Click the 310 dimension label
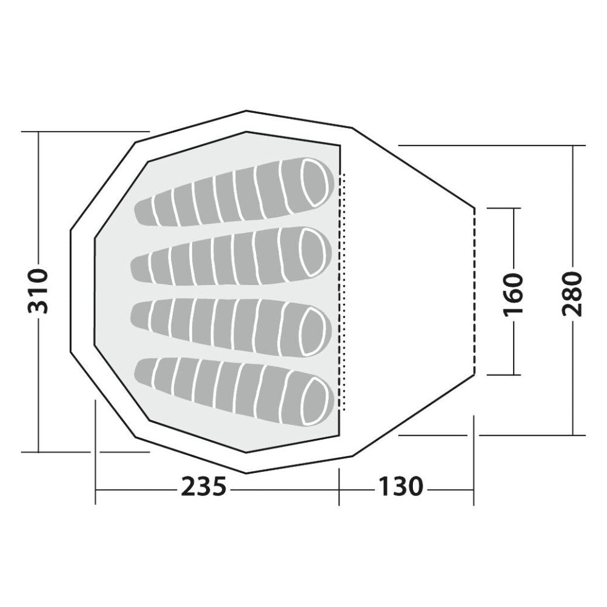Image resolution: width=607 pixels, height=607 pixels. pos(38,290)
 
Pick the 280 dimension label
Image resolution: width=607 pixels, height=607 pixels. pos(573,294)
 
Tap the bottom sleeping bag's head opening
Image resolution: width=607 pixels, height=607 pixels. pos(315,401)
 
